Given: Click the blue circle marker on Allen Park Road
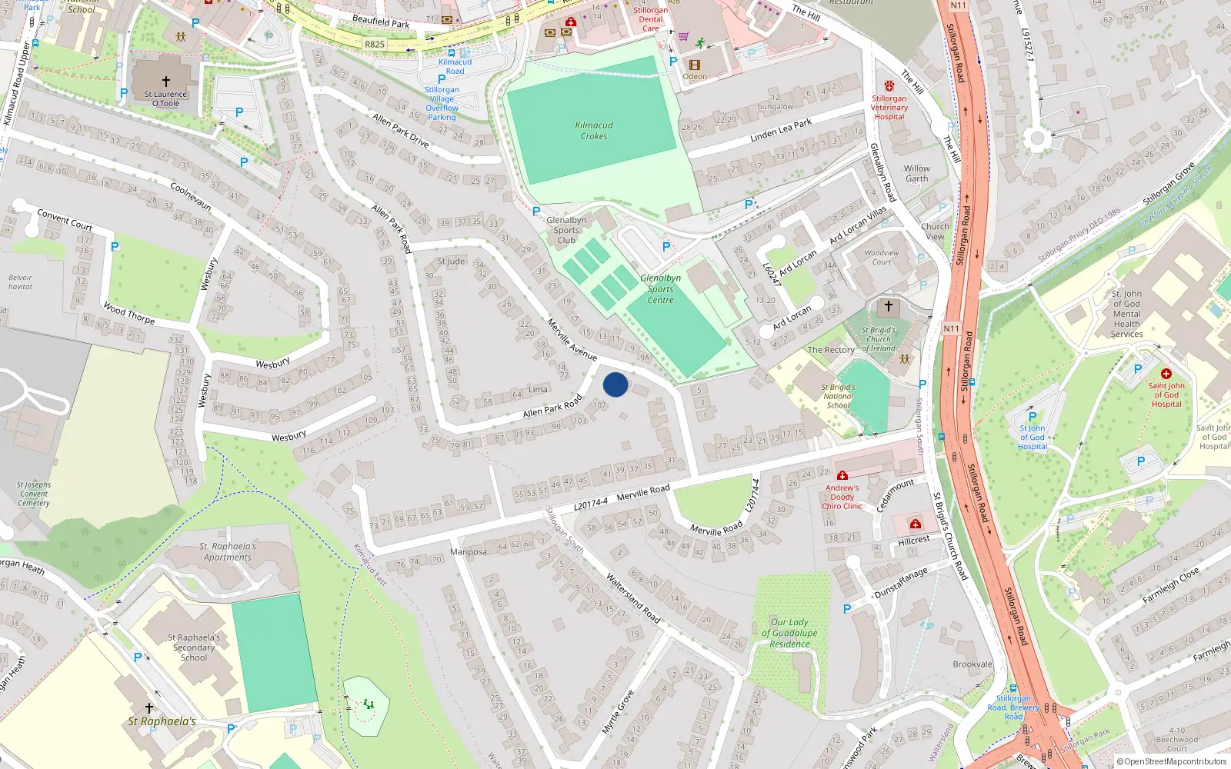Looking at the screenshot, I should pos(615,384).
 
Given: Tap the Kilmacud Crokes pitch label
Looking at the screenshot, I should pos(594,131).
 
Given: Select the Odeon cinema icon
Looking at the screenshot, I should pos(695,65).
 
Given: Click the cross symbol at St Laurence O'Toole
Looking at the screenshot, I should pos(165,81).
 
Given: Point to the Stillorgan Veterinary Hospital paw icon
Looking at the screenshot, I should pos(889,86).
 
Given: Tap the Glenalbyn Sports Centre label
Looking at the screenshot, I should pos(660,289).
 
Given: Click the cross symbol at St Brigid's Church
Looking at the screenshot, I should pos(889,307).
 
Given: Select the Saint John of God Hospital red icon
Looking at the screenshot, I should pos(1166,374).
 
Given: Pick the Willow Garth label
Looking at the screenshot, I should pos(916,174).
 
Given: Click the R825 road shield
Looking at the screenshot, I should pos(375,45).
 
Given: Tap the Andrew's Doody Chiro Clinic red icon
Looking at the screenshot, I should pos(842,476).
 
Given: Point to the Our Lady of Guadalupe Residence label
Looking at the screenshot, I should pos(789,633).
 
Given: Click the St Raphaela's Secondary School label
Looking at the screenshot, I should pos(194,647).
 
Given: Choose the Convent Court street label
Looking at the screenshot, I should pos(65,221).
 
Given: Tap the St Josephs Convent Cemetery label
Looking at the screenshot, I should pos(34,494).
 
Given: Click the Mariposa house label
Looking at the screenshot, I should pos(469,552).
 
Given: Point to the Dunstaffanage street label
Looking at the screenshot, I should pos(901,584).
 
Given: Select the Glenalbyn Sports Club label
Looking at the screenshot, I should pos(566,230).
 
